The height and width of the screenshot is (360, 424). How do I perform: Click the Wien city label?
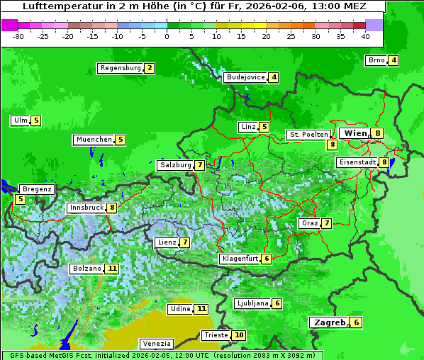click(x=355, y=133)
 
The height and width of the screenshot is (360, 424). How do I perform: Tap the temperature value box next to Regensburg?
click(x=149, y=69)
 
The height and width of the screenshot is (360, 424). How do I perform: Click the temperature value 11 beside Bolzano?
click(x=112, y=269)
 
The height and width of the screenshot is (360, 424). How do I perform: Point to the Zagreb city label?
click(x=329, y=322)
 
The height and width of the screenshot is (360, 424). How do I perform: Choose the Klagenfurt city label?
click(x=239, y=259)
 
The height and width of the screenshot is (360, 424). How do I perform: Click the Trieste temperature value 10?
click(x=239, y=335)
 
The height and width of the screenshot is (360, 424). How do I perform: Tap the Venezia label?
click(x=155, y=344)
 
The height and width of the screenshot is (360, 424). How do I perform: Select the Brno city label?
click(x=376, y=60)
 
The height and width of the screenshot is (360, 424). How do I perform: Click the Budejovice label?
click(x=245, y=77)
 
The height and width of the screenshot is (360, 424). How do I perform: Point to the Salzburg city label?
click(x=175, y=165)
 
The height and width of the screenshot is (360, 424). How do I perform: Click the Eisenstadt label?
click(x=357, y=162)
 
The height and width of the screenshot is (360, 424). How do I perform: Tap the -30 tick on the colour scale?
click(x=18, y=35)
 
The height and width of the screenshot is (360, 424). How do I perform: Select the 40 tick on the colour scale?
click(x=365, y=35)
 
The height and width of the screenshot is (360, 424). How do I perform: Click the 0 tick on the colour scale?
click(x=167, y=35)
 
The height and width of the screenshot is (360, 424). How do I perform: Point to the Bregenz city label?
click(x=37, y=189)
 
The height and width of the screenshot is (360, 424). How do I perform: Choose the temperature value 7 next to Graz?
click(x=326, y=223)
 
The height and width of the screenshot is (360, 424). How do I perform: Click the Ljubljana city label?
click(x=252, y=303)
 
